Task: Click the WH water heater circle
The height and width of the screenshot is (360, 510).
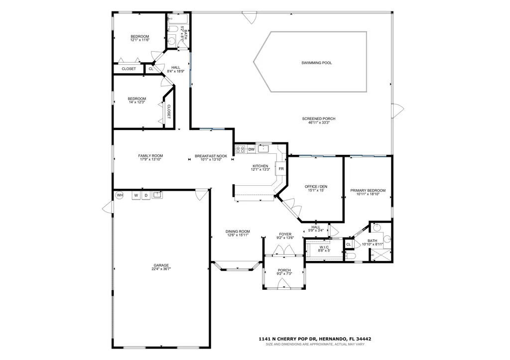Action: [x=120, y=195]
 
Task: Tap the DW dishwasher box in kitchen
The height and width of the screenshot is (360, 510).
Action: [x=252, y=149]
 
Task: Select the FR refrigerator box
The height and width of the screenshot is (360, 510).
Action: [x=281, y=169]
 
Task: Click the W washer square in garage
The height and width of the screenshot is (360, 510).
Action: [x=136, y=196]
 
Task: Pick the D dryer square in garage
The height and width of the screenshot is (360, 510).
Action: [x=146, y=196]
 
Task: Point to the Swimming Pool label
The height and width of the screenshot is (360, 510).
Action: [x=316, y=63]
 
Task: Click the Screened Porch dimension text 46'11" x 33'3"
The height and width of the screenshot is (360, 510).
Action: [x=319, y=122]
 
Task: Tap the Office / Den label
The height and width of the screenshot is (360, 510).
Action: [x=316, y=187]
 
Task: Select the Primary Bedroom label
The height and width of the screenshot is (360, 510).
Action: [x=368, y=191]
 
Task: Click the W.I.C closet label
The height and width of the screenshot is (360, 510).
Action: [x=324, y=247]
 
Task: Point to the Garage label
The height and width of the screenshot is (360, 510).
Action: [x=161, y=265]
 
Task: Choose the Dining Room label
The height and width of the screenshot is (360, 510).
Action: [x=238, y=232]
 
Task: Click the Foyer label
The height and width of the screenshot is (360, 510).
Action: [x=285, y=234]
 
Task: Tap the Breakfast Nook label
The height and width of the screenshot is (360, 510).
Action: [x=211, y=156]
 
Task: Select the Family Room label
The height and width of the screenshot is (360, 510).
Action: [x=150, y=156]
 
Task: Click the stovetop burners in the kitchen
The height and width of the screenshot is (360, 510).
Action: [x=241, y=149]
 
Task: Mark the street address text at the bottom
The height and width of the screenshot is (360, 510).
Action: [x=315, y=339]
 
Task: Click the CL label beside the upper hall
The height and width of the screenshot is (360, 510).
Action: [x=151, y=69]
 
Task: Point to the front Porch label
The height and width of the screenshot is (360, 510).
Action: [x=284, y=270]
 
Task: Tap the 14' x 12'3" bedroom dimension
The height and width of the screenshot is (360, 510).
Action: [x=137, y=102]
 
